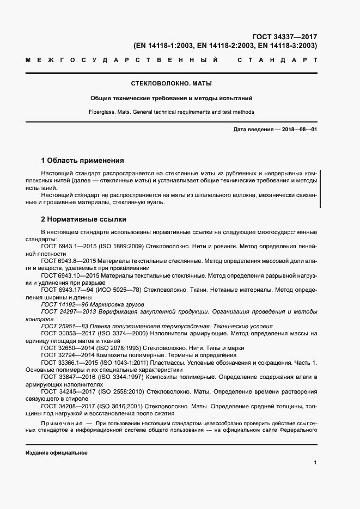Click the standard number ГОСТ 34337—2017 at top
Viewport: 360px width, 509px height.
(x=284, y=37)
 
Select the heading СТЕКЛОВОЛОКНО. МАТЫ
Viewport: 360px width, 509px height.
(x=172, y=84)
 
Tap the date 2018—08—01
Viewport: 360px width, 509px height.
(x=298, y=128)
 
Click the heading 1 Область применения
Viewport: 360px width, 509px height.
(x=83, y=161)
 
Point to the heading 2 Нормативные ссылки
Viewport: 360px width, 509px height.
(x=84, y=219)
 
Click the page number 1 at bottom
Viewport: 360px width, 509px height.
(x=315, y=462)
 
